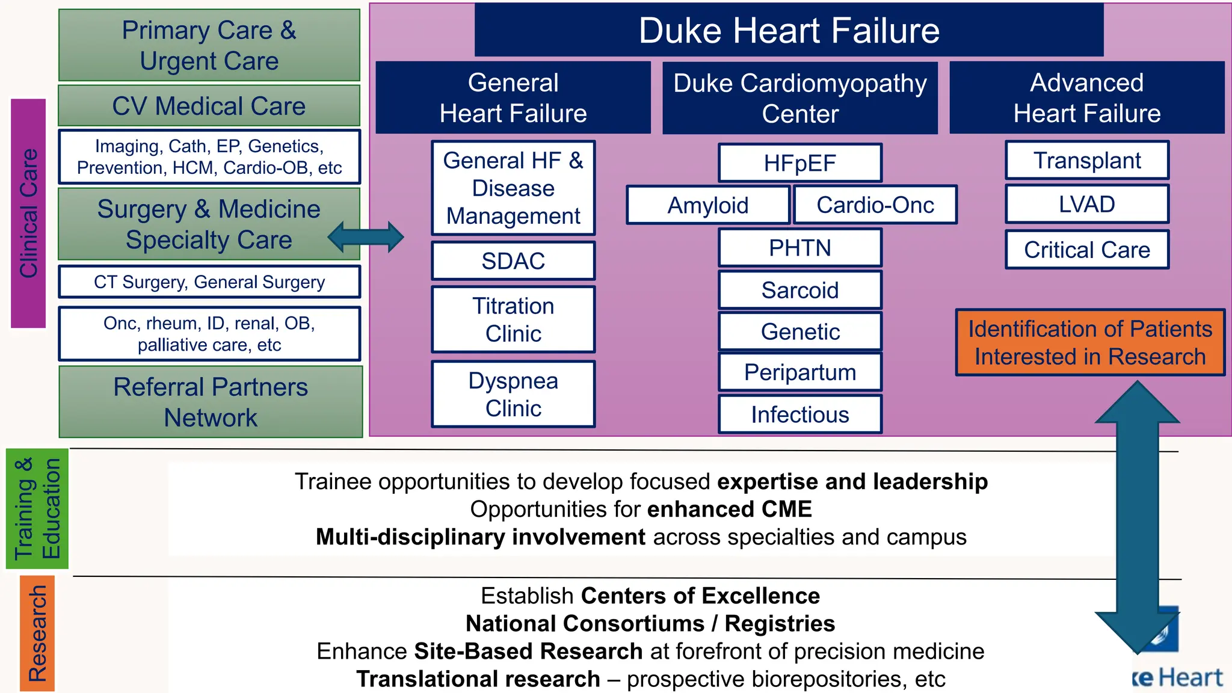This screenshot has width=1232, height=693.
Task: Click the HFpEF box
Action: (x=800, y=163)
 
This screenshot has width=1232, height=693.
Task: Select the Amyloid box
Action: (x=707, y=205)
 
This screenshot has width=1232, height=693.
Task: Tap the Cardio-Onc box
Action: (x=875, y=205)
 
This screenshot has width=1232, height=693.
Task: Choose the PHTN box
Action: (x=800, y=248)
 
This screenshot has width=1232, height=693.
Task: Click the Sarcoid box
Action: (x=800, y=290)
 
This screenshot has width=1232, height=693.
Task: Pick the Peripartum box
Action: (x=800, y=372)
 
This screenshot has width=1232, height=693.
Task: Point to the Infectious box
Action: (x=800, y=414)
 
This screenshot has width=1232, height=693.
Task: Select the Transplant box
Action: (x=1087, y=161)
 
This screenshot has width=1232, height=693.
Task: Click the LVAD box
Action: (x=1087, y=205)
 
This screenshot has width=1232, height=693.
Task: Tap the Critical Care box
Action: (x=1087, y=250)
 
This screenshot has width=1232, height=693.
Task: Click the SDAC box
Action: (x=513, y=261)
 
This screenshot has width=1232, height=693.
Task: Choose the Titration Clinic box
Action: (x=513, y=319)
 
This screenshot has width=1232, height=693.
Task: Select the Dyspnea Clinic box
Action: (x=513, y=395)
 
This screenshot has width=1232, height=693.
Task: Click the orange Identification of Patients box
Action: (x=1090, y=343)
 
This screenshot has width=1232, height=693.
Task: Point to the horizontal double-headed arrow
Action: (x=366, y=237)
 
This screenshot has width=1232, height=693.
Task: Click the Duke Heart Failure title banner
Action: (x=789, y=30)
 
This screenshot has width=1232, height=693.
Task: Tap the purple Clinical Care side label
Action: (x=28, y=213)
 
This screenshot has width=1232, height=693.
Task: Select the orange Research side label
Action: (x=37, y=633)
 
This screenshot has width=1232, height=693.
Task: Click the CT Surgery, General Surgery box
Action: (x=209, y=282)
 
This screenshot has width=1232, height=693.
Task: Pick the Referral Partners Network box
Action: (x=211, y=402)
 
